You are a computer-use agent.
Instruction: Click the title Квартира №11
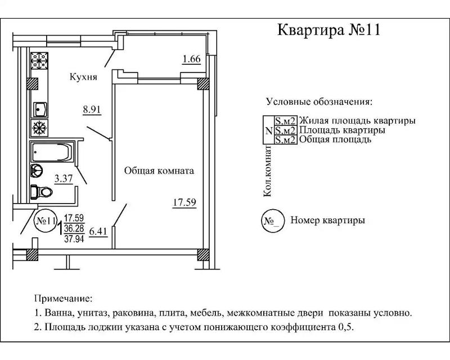[329, 29]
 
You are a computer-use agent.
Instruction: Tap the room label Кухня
[83, 77]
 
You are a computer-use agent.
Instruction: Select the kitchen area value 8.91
[92, 110]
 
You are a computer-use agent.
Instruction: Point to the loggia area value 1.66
[191, 58]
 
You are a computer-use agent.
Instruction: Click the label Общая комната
[159, 170]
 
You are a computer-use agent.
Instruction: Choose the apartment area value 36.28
[74, 228]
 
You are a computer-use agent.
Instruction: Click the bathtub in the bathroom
[51, 152]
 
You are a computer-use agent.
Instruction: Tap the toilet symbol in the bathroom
[42, 192]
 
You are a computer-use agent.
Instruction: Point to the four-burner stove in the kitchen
[39, 61]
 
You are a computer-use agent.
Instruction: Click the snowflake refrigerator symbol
[39, 128]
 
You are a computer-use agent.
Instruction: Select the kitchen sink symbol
[40, 107]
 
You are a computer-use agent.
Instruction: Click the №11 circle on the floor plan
[46, 220]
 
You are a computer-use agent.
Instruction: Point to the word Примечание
[62, 298]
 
